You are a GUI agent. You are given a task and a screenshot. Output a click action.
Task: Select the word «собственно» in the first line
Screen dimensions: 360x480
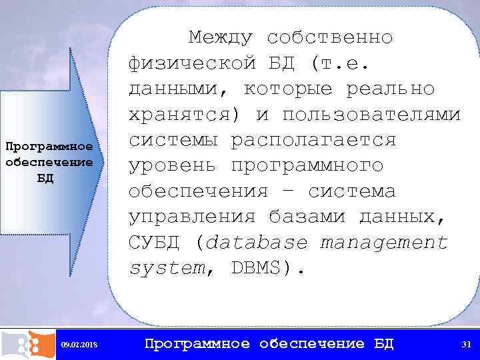click(x=329, y=37)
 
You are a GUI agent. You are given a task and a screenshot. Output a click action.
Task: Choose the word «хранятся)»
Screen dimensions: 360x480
click(x=186, y=115)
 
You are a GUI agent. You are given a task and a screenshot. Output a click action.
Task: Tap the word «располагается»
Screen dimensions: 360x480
click(x=313, y=140)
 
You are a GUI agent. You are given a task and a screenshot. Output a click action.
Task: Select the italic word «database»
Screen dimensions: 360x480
click(x=257, y=243)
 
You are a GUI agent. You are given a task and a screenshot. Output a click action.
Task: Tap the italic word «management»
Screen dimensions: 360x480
click(x=383, y=243)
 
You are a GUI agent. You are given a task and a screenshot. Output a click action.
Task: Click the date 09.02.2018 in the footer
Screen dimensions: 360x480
click(x=79, y=345)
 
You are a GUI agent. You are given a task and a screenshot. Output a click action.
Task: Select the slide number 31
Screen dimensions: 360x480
click(x=466, y=344)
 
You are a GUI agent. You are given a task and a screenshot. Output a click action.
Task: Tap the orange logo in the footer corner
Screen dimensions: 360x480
click(x=27, y=344)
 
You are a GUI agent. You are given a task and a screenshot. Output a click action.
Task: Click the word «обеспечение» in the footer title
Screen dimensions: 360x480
click(x=312, y=344)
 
